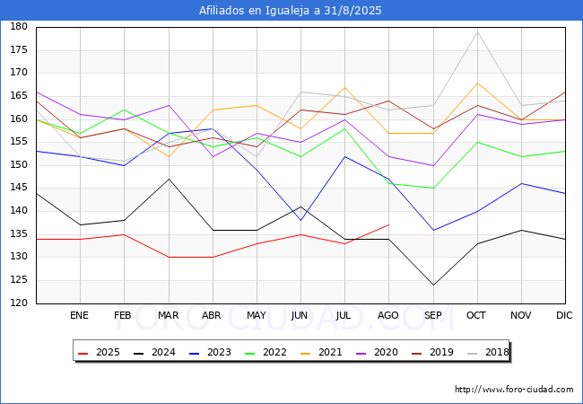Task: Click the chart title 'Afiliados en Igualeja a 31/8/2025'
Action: pos(290,11)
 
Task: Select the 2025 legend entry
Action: pos(99,352)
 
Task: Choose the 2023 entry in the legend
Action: pos(210,352)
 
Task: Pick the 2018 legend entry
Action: pos(487,352)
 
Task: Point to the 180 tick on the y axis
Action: pos(19,26)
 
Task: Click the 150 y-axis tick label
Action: pos(19,164)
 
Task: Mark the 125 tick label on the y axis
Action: pos(19,280)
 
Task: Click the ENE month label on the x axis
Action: pos(79,315)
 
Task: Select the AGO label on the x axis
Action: pos(388,315)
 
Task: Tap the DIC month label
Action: pos(564,315)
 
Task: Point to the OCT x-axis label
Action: pos(476,315)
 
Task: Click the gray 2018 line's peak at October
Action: pos(477,31)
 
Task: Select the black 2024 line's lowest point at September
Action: pos(433,285)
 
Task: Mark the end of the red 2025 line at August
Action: pos(389,224)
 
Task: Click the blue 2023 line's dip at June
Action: pos(300,220)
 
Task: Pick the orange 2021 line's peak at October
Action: pos(477,83)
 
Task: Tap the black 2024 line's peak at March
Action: pos(170,179)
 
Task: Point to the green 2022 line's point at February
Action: pos(124,110)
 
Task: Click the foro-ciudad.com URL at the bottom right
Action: pos(514,390)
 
